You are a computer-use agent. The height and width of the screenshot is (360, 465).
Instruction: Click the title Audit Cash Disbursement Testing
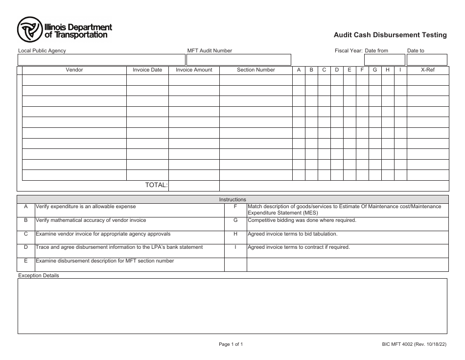(390, 35)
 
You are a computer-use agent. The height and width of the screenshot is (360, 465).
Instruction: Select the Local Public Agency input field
(101, 60)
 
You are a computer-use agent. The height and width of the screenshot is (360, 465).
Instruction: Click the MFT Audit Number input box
(237, 60)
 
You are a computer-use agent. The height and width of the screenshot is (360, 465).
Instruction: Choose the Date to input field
(427, 60)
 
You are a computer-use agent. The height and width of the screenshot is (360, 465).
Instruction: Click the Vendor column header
(74, 70)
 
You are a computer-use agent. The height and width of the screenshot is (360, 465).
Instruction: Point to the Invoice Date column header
(147, 70)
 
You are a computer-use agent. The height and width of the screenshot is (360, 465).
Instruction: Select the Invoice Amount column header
(194, 70)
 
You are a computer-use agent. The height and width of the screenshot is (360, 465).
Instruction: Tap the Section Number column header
(256, 70)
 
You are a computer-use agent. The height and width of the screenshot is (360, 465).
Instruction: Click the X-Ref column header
(428, 70)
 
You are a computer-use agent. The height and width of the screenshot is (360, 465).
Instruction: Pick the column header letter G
(375, 70)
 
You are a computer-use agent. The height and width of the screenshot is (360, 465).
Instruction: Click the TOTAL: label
(156, 185)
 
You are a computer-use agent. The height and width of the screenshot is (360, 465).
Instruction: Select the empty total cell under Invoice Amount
(194, 186)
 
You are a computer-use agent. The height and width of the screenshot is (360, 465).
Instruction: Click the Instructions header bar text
(232, 199)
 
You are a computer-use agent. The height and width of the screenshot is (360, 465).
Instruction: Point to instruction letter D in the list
(26, 247)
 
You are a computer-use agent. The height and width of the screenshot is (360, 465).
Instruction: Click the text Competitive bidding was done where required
(302, 220)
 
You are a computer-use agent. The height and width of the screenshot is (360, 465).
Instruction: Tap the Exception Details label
(38, 276)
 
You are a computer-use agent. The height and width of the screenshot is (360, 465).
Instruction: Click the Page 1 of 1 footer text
(231, 344)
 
